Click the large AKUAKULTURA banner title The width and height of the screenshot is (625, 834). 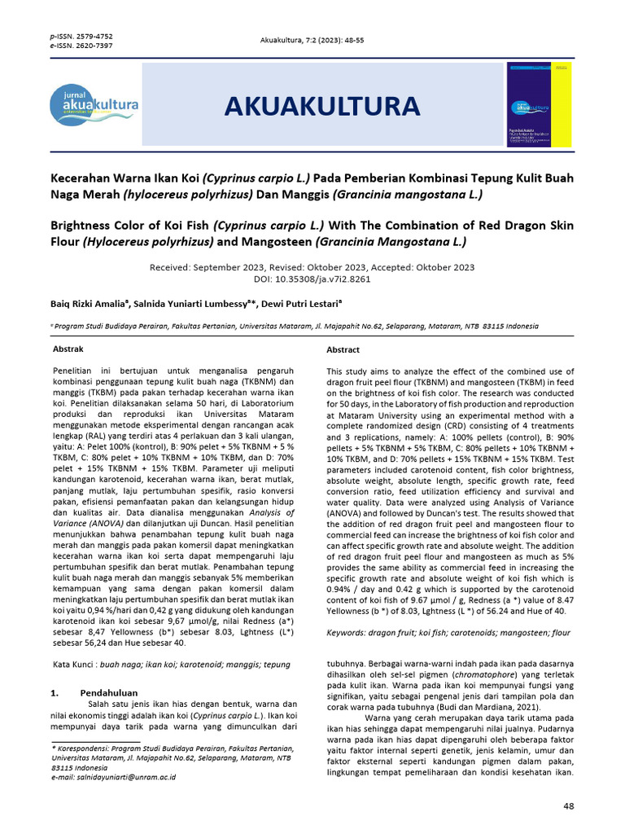coord(321,106)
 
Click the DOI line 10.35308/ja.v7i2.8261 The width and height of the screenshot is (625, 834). coord(312,278)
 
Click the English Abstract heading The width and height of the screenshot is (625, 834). coord(343,349)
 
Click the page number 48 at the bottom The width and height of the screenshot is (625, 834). coord(568,805)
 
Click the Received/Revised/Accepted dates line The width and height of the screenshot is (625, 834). coord(312,267)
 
